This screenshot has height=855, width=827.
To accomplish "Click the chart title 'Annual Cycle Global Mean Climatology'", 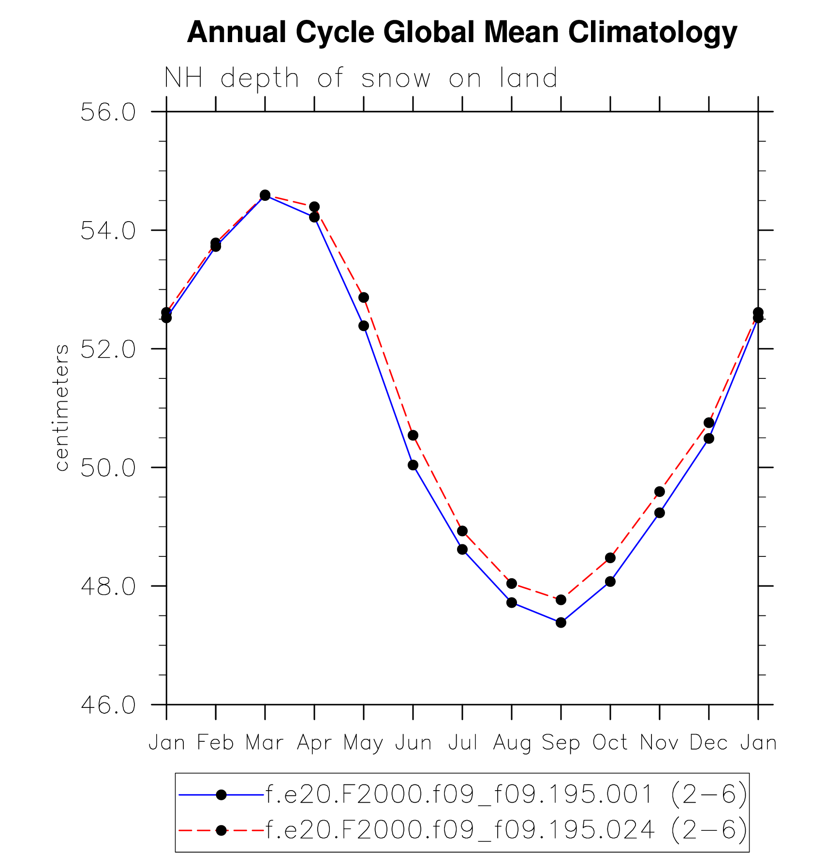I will coord(462,33).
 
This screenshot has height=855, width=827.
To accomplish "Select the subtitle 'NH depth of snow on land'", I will coord(361,78).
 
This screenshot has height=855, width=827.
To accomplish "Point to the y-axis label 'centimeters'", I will coord(62,407).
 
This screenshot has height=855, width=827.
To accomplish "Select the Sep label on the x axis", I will coord(561,743).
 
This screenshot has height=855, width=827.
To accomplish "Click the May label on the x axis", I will coord(363,743).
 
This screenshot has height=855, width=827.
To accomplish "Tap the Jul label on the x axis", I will coord(462,743).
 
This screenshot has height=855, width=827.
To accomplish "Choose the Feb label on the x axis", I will coord(216,743).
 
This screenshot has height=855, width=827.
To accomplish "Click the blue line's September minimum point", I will coord(561,622).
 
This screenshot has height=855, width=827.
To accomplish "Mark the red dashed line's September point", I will coord(561,600).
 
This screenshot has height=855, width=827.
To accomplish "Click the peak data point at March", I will coord(265,195).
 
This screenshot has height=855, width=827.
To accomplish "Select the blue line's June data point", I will coord(413,465).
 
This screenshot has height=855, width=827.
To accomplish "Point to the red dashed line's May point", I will coord(364,298).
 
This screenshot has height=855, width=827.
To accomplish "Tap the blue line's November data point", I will coord(660,513).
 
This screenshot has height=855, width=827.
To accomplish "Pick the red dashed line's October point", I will coord(610,558).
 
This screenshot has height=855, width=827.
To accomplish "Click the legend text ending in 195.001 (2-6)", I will coord(506,795).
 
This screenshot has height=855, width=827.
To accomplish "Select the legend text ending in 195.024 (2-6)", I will coord(506,830).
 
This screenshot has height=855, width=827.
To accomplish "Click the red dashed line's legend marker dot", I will coord(221,830).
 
